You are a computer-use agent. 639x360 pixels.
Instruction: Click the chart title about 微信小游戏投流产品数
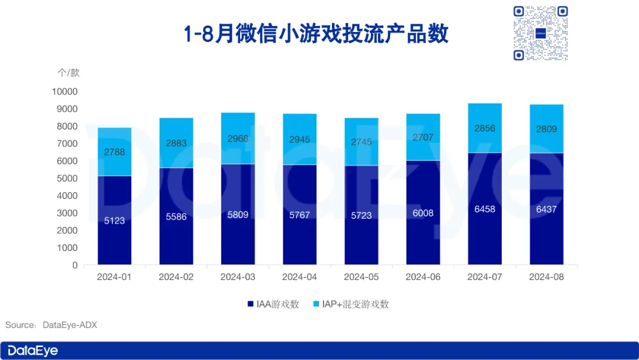coord(316,34)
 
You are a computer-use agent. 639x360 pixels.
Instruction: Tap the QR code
coord(540,33)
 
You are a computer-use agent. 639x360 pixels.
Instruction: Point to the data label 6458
coord(485,209)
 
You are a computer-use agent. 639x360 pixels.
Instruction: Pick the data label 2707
coord(423,137)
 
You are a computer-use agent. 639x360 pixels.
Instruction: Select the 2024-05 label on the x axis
coord(362,277)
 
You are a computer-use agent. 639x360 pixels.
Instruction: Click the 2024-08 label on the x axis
coord(547,277)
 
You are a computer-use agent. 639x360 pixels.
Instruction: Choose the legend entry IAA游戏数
coord(273,304)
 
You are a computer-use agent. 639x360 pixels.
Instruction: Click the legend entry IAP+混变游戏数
coord(350,304)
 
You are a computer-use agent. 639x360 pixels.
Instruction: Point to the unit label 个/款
coord(68,73)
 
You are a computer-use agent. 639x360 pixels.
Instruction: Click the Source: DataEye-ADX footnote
coord(51,325)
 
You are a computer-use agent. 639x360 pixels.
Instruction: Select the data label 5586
coord(176,217)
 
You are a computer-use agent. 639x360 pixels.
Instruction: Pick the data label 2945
coord(299,140)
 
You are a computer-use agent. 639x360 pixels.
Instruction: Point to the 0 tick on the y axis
coord(75,265)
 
